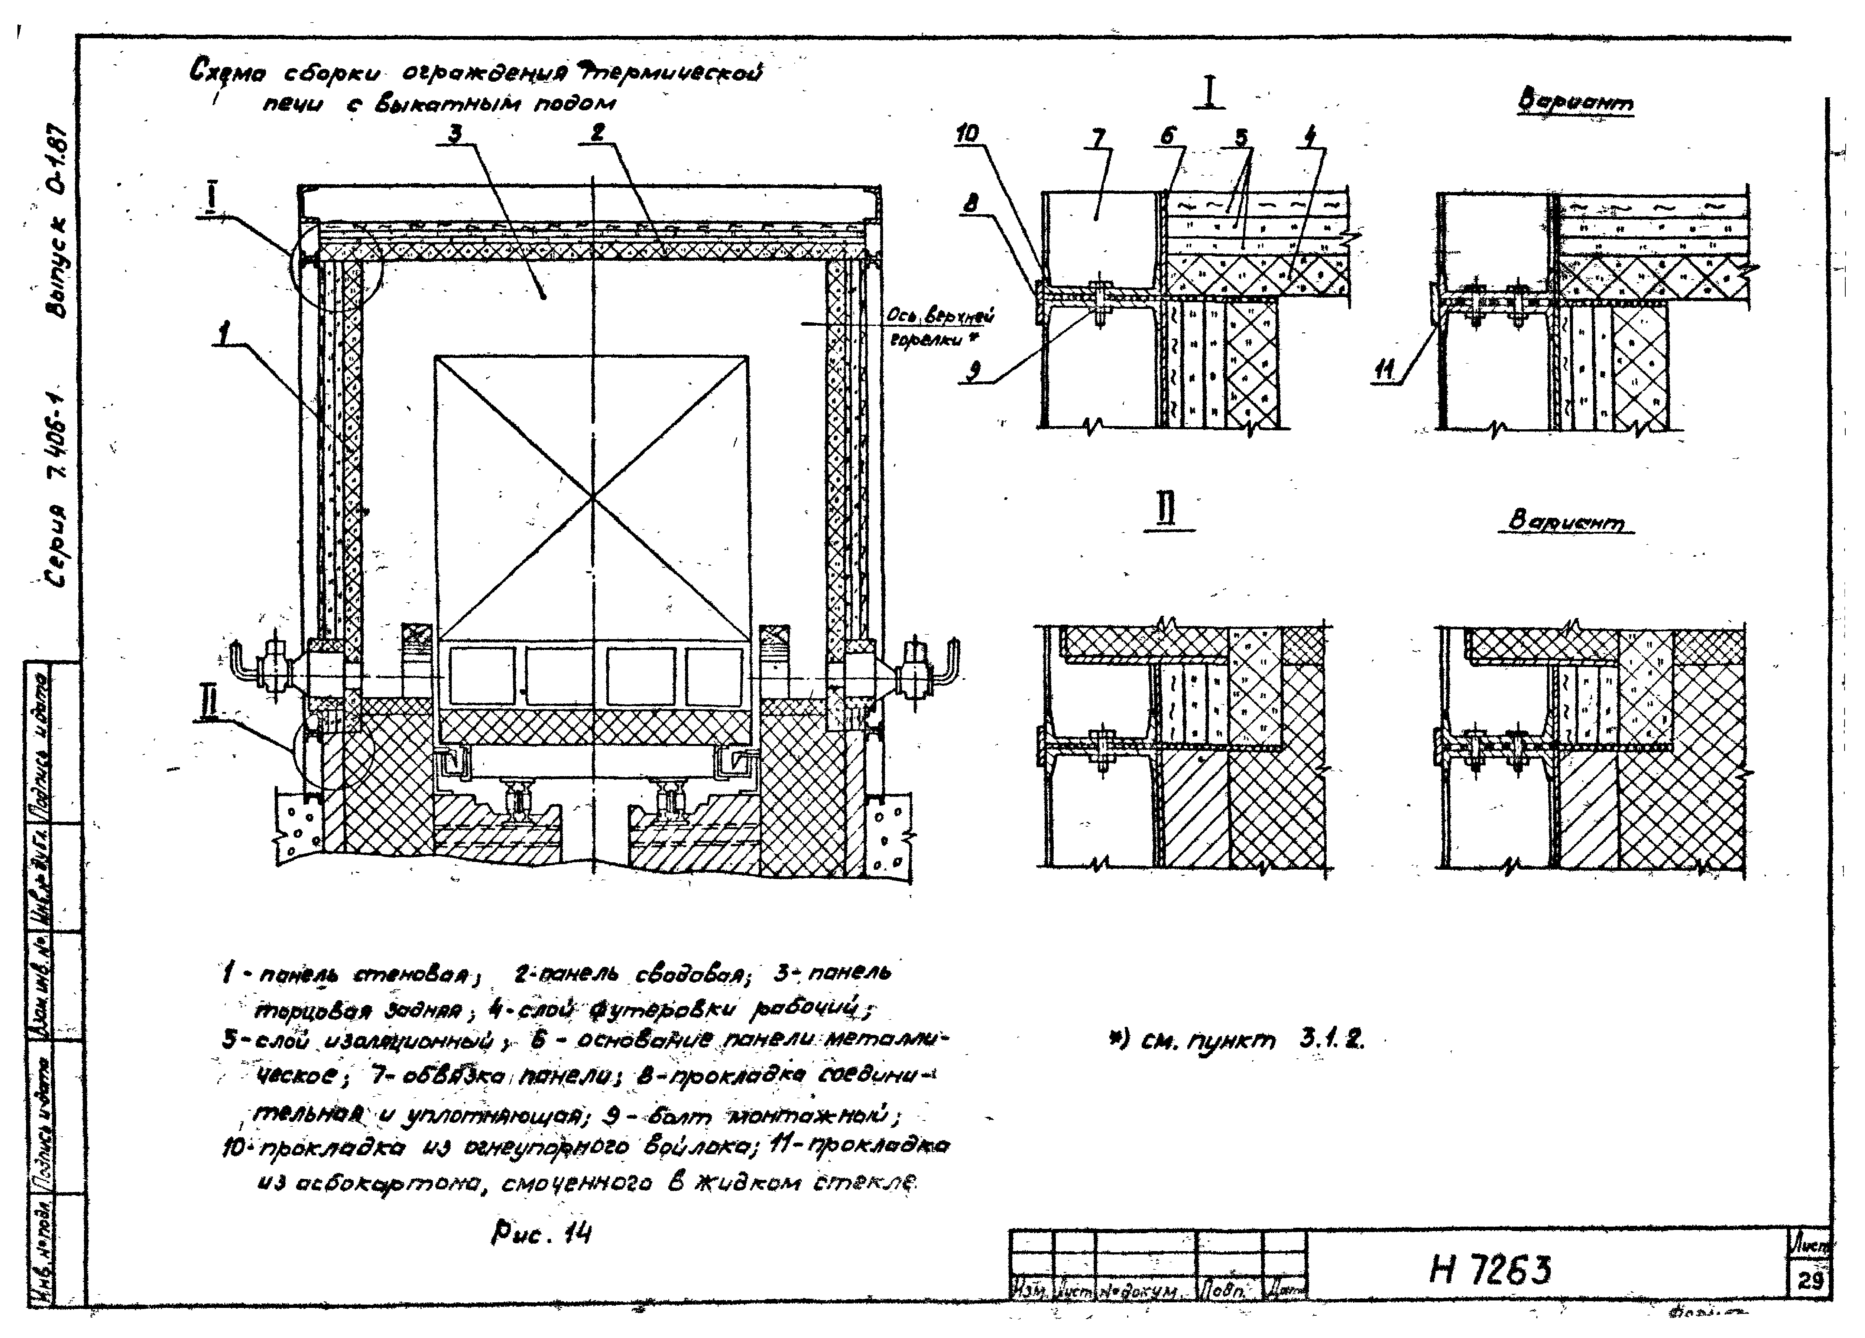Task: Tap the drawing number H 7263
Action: pos(1490,1271)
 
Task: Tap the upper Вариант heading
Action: pos(1575,103)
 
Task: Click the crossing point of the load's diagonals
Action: pos(592,498)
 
